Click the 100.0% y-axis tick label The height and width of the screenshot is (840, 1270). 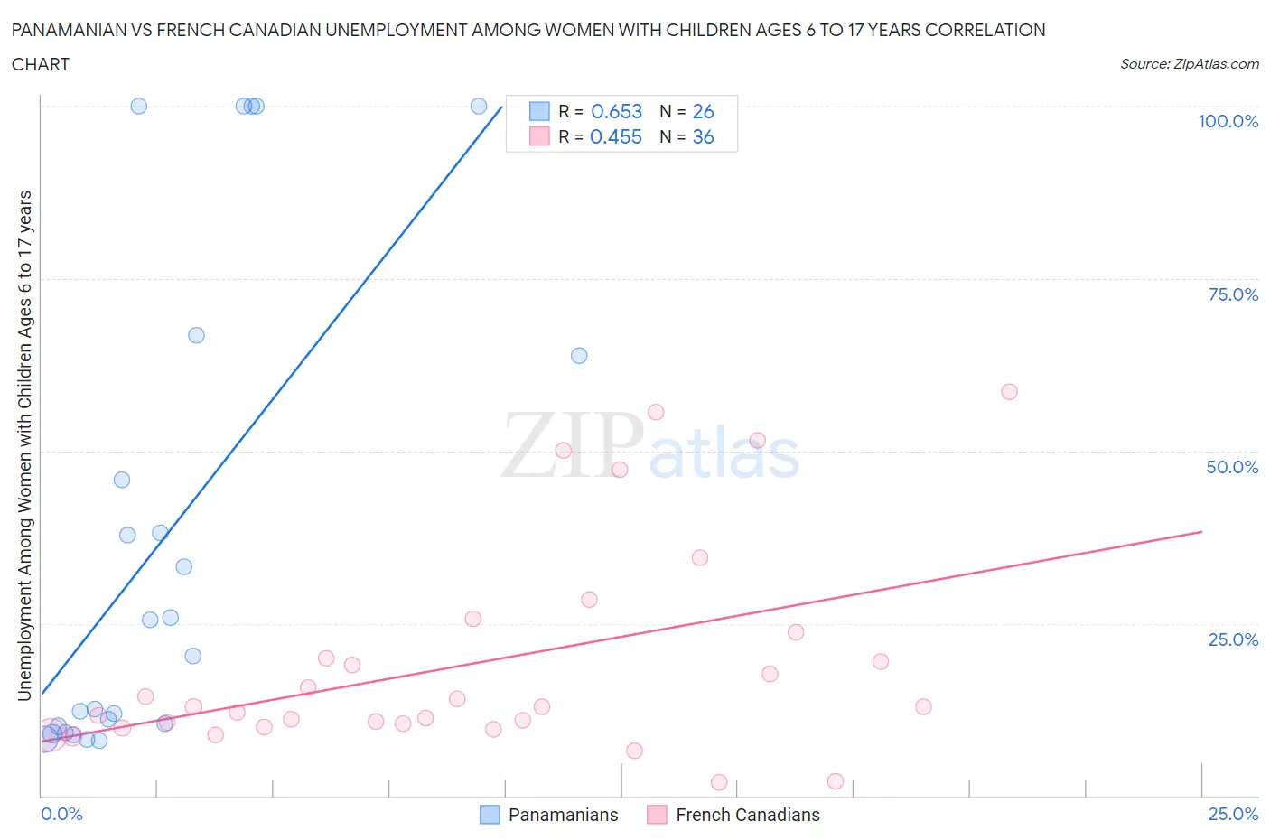[1228, 121]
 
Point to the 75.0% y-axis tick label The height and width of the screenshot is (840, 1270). [1232, 294]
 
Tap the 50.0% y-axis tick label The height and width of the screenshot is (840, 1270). [1232, 467]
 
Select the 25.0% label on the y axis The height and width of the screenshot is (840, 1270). [1232, 639]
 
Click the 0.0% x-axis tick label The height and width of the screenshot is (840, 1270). [61, 814]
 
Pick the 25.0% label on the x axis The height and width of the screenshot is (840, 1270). [1232, 814]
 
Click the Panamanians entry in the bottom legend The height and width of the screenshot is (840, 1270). [562, 815]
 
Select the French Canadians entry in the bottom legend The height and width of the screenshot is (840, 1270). [747, 815]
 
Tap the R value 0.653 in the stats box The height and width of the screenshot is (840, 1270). [616, 111]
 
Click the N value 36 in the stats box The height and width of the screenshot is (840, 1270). [703, 136]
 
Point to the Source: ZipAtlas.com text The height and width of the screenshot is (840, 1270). [1189, 63]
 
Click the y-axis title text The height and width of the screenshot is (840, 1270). [24, 445]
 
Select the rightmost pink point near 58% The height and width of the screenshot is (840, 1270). [1009, 392]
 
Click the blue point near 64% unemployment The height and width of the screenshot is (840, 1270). [579, 356]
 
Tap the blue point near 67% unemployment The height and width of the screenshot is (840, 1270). [196, 335]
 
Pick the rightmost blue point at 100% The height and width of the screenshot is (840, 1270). [479, 106]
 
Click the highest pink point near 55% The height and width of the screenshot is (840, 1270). [656, 412]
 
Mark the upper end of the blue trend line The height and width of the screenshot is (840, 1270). [502, 106]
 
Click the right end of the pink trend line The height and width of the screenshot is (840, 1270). [1201, 531]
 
